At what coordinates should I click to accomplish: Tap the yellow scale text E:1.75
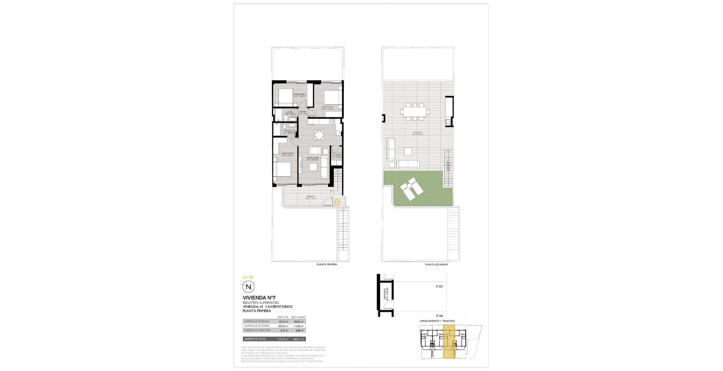coord(248,277)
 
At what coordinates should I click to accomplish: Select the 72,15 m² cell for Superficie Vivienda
coord(283,322)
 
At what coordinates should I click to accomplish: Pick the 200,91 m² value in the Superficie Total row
coord(299,339)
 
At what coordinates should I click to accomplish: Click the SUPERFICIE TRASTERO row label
coord(257,330)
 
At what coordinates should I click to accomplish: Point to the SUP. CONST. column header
coord(298,317)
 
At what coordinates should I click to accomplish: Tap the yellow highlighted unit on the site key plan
coord(449,341)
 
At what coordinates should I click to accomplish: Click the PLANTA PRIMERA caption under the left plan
coord(327,265)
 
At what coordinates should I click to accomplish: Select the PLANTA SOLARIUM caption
coord(436,265)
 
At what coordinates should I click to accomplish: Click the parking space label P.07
coord(439,287)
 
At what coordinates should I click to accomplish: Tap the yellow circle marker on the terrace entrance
coord(337,202)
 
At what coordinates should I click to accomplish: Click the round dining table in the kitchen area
coord(319,134)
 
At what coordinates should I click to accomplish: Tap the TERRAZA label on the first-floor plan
coord(311,198)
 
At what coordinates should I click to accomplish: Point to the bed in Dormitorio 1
coord(282,169)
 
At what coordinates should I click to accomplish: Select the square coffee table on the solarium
coord(407,151)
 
